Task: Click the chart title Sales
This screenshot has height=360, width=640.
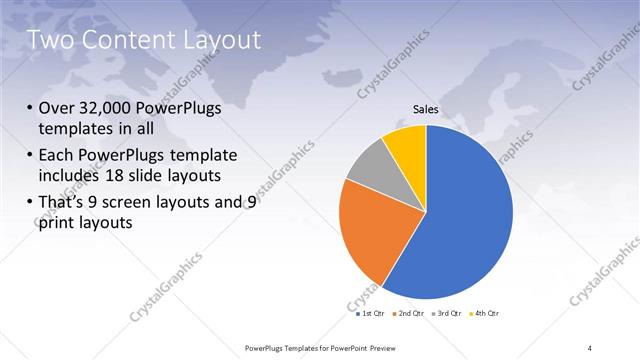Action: tap(426, 109)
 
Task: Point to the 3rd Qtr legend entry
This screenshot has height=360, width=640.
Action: tap(446, 314)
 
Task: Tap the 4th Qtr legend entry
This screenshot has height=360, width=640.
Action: tap(482, 314)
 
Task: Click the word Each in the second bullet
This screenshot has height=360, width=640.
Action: tap(57, 155)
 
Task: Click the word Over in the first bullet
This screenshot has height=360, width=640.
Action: tap(56, 109)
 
